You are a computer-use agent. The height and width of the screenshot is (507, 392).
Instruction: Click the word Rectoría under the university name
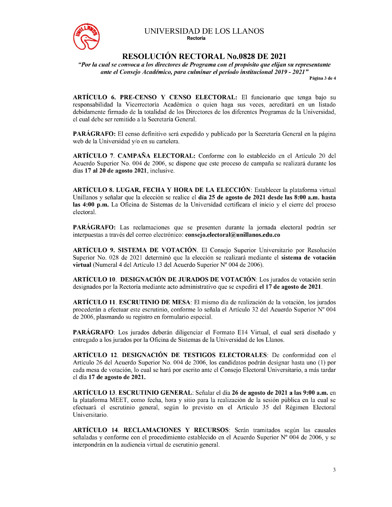coord(196,38)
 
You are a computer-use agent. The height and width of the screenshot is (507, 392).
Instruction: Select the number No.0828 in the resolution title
coord(241,57)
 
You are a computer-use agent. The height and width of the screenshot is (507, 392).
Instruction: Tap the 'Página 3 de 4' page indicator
coord(322,78)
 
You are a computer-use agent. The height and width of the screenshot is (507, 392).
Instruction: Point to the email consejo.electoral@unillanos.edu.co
coord(232,235)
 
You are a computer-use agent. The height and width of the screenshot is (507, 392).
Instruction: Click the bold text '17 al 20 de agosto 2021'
coord(116,171)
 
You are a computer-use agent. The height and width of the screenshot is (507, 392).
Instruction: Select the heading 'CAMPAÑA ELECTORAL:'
coord(156,156)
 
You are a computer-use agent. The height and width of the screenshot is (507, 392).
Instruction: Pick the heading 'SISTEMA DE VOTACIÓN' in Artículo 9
coord(157,250)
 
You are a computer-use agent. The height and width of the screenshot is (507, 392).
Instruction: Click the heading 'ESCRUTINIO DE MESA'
coord(155,302)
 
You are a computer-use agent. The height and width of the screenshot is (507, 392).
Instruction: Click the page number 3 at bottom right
coord(334,470)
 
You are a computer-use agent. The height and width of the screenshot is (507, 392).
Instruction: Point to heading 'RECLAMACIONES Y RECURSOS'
coord(176,430)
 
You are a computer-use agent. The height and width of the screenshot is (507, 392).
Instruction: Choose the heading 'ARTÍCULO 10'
coord(94,280)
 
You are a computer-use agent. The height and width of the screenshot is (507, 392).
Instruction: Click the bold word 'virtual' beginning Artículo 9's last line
coord(82,265)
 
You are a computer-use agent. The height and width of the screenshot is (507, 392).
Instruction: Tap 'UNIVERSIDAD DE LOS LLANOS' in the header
coord(204,31)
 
